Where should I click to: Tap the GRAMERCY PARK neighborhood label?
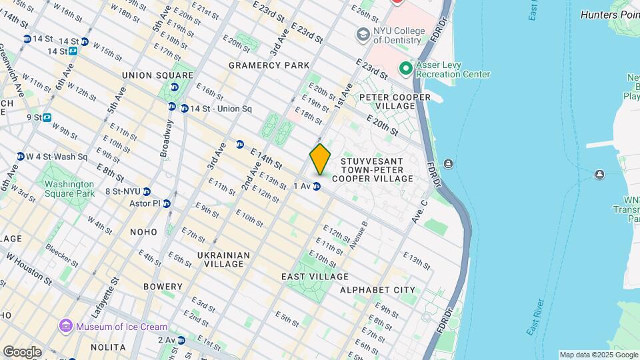[269, 65]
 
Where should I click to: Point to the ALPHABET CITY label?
[377, 290]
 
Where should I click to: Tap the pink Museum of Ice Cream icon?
[65, 326]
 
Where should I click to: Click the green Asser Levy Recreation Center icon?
[405, 69]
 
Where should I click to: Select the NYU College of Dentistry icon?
[363, 34]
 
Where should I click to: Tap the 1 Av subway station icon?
[318, 186]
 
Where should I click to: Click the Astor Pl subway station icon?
[167, 203]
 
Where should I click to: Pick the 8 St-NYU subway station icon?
[146, 192]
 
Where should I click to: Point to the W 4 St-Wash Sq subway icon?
[21, 157]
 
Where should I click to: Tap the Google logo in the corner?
[21, 351]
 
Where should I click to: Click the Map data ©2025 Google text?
[598, 355]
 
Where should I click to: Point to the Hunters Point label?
[609, 14]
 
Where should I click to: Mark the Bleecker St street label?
[62, 256]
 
